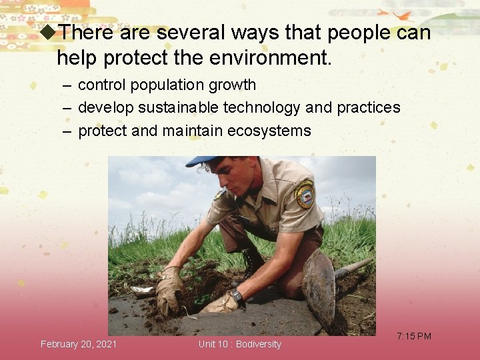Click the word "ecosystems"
point(269,131)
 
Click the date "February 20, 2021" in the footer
point(79,344)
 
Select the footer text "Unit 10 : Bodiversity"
point(240,344)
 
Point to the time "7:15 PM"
point(414,336)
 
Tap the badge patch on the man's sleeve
point(305,193)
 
